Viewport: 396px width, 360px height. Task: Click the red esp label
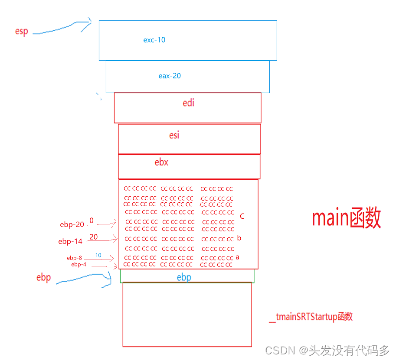(x=21, y=32)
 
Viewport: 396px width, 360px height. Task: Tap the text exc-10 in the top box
(x=154, y=40)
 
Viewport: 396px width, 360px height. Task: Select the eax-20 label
(x=170, y=76)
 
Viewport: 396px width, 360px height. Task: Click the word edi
(x=189, y=103)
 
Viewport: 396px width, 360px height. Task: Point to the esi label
(x=174, y=135)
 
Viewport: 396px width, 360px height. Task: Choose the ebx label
(x=161, y=162)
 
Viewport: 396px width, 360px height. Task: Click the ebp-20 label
(x=72, y=225)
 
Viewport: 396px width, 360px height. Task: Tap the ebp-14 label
(x=70, y=241)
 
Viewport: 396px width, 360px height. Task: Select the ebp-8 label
(x=74, y=258)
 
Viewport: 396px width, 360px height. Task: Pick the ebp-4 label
(x=79, y=264)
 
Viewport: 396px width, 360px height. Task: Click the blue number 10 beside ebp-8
(x=98, y=255)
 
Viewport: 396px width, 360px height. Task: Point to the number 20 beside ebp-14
(x=93, y=237)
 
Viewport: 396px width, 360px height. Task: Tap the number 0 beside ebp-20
(x=92, y=221)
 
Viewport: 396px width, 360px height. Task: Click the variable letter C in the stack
(x=242, y=216)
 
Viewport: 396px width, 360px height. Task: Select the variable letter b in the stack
(x=239, y=238)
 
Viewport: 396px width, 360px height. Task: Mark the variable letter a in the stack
(x=237, y=257)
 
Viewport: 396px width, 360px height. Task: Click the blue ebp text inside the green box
(x=184, y=277)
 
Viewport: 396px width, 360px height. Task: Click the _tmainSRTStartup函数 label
(x=311, y=317)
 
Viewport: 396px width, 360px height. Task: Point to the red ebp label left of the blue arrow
(x=43, y=278)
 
